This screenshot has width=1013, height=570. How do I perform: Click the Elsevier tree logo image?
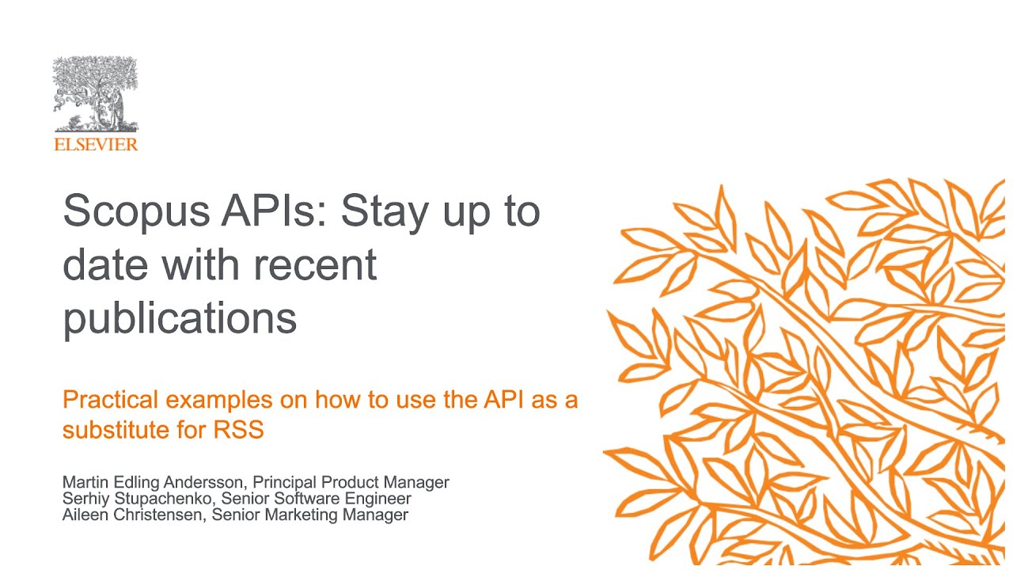coord(95,95)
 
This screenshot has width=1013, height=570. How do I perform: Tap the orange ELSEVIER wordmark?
coord(96,144)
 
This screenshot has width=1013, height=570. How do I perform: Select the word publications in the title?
coord(180,319)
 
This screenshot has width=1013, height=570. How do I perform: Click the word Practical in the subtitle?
coord(111,400)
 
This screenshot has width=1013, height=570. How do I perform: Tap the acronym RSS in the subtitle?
coord(238,431)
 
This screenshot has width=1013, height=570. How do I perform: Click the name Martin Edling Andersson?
coord(139,482)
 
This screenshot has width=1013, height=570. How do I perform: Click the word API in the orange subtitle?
coord(503,400)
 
